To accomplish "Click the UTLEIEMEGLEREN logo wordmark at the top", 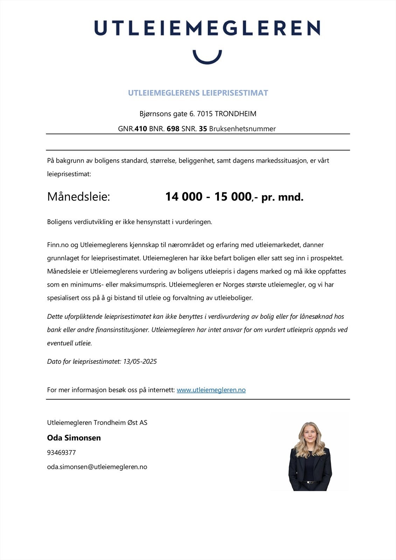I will point(207,28).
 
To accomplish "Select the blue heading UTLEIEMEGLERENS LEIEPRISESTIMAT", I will point(198,93).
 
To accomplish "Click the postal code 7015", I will point(205,114).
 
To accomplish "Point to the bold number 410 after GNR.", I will point(141,129).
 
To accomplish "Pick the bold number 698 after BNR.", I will point(173,129).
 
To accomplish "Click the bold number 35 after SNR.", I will point(203,129).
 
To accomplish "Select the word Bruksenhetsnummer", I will point(242,129).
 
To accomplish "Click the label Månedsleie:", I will point(78,197).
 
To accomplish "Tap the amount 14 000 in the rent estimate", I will point(184,197).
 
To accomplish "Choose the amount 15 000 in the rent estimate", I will point(233,197).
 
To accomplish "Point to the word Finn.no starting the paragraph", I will point(58,245).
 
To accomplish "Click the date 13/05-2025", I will point(140,362).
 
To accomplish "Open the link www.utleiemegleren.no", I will point(211,390).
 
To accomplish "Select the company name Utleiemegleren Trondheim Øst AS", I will point(97,422).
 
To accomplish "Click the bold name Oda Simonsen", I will point(74,438).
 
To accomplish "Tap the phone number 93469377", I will point(61,453).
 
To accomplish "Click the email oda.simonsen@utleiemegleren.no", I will point(97,467).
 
